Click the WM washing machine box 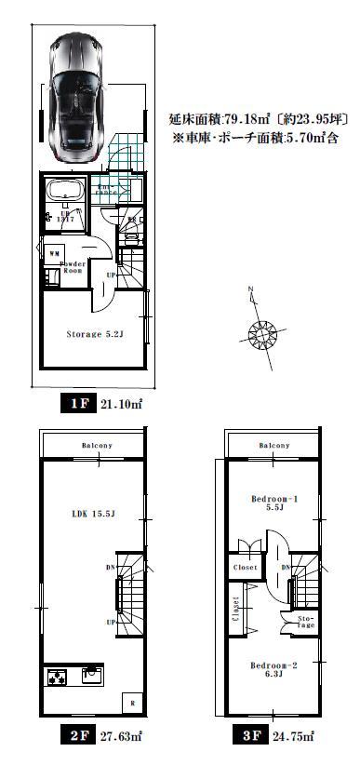(54, 252)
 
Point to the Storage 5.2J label (94, 332)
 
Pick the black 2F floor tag (78, 736)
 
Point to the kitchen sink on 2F (93, 673)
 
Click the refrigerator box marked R (135, 703)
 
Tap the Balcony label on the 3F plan (273, 446)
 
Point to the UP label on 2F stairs (112, 622)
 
